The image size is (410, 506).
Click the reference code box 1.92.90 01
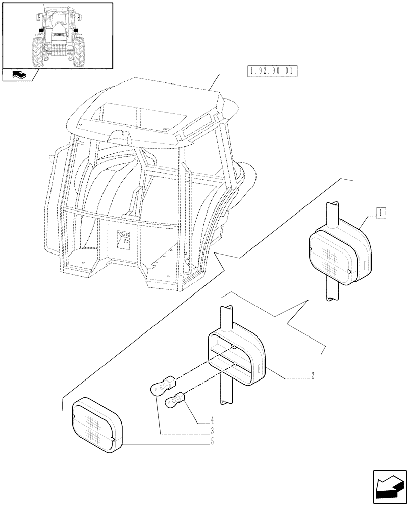click(x=271, y=71)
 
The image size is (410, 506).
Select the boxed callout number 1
click(x=381, y=213)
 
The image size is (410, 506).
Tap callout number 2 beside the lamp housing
click(x=313, y=375)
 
